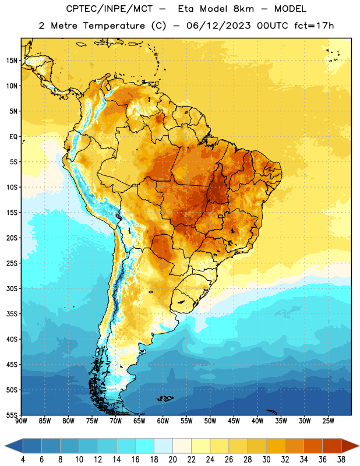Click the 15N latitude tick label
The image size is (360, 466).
[12, 61]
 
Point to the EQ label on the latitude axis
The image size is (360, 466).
[13, 137]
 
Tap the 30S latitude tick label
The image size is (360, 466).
[12, 288]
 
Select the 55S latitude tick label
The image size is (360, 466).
[12, 415]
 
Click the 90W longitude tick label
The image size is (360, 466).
[21, 421]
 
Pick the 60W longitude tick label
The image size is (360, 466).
[163, 421]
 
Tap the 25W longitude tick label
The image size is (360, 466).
[328, 421]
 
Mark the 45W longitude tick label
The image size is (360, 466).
[234, 421]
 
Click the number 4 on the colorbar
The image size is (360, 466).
[23, 460]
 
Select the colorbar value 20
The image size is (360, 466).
[172, 460]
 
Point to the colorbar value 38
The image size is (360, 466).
[341, 460]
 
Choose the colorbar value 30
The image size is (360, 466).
[266, 460]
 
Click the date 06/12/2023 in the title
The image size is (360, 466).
[218, 26]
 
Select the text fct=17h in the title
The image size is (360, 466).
[314, 26]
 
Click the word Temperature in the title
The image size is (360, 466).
[114, 26]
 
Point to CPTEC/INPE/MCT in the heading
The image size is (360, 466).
[109, 9]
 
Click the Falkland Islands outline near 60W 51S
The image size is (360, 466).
[165, 398]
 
